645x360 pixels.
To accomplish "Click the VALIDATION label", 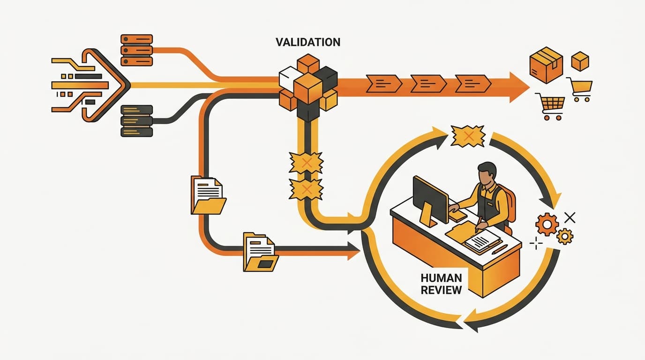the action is click(308, 42).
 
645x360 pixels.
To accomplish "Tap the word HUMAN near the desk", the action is click(441, 278).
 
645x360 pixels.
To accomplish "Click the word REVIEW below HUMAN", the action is click(441, 290).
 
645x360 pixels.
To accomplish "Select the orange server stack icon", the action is click(136, 50).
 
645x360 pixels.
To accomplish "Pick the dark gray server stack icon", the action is click(136, 120).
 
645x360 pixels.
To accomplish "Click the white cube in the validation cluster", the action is click(289, 78).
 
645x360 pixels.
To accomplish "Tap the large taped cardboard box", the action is click(546, 65).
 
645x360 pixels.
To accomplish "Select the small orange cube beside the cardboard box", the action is click(580, 61).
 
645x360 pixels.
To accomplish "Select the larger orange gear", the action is click(547, 224).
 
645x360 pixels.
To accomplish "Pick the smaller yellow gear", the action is click(565, 236).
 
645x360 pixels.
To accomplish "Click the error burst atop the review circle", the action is click(468, 136).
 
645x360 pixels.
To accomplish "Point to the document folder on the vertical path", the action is click(208, 195).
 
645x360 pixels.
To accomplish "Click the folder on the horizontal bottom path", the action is click(260, 252).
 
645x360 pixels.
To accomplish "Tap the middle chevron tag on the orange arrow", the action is click(428, 83).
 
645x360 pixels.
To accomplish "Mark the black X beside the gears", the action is click(570, 217).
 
